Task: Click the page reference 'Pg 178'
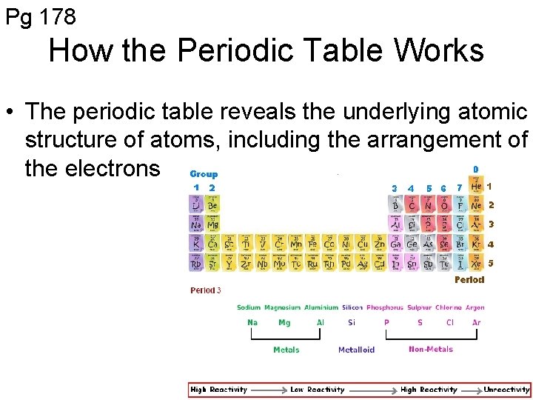41,16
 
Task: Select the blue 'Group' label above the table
204,174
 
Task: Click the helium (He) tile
476,187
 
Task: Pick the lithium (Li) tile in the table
197,204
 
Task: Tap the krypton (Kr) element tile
476,244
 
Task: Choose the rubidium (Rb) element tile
197,262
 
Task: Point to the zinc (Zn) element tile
379,244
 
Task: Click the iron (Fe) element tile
312,244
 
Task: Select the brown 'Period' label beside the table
469,280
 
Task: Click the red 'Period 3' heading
206,290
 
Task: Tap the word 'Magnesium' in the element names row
281,307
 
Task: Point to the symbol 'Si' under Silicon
351,323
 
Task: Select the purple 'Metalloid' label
357,350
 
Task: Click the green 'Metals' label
286,350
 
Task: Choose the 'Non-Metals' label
431,349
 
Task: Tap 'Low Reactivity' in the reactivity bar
318,390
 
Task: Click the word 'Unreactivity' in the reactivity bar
506,390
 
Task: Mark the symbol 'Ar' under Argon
476,323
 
